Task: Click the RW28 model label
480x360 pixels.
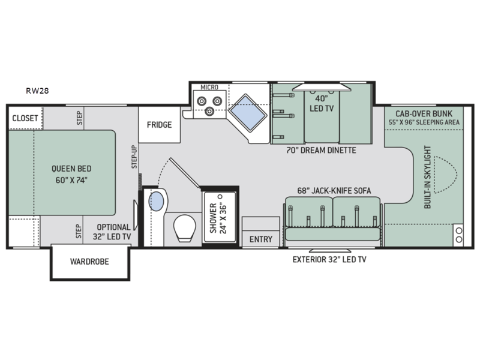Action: pyautogui.click(x=37, y=91)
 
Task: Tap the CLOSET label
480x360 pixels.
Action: pyautogui.click(x=25, y=118)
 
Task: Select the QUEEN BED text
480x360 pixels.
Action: pyautogui.click(x=71, y=169)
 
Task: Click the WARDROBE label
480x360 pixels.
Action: pyautogui.click(x=89, y=262)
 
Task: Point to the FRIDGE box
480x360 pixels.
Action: pyautogui.click(x=159, y=125)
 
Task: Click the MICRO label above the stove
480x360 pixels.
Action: pyautogui.click(x=209, y=87)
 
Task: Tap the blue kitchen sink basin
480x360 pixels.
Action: pyautogui.click(x=248, y=113)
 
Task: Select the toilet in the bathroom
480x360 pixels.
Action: pyautogui.click(x=185, y=229)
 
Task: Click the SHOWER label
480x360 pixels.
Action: pyautogui.click(x=214, y=218)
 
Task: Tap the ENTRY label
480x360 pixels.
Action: pyautogui.click(x=261, y=239)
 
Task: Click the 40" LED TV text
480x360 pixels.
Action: pyautogui.click(x=322, y=103)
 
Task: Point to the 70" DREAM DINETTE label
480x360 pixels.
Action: pyautogui.click(x=321, y=151)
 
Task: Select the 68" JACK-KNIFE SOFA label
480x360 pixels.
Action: pyautogui.click(x=334, y=191)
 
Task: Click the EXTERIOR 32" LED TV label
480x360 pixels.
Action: pyautogui.click(x=329, y=260)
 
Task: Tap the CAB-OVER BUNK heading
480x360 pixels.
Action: pyautogui.click(x=424, y=114)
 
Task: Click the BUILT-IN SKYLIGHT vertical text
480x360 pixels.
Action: pyautogui.click(x=428, y=177)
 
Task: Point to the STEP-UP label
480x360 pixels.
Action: pyautogui.click(x=134, y=157)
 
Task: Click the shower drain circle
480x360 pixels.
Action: pyautogui.click(x=220, y=196)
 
